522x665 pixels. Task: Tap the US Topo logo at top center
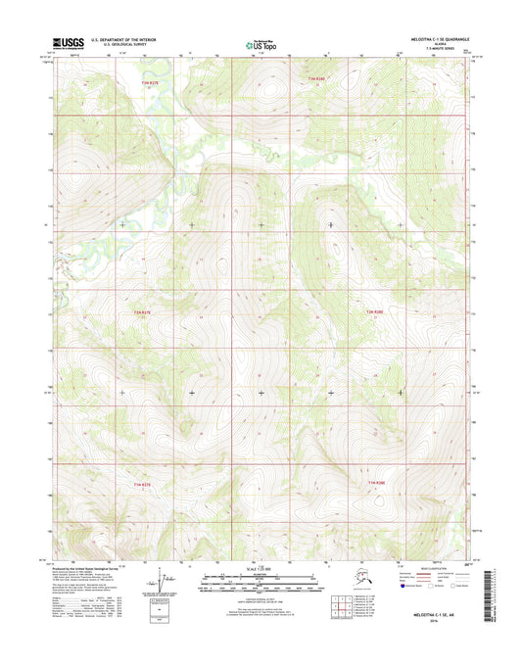point(261,44)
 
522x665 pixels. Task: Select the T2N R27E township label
point(142,311)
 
